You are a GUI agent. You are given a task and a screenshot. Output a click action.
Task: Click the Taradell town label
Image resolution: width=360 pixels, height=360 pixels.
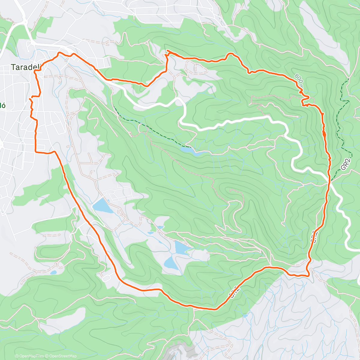click(x=25, y=67)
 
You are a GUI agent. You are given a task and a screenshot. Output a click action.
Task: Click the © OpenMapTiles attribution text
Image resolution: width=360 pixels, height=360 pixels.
click(x=29, y=356)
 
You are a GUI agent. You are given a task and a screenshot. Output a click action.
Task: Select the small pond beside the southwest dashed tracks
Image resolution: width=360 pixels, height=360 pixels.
click(x=53, y=272)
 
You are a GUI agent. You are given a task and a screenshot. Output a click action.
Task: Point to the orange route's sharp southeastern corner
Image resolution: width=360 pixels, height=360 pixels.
click(x=308, y=275)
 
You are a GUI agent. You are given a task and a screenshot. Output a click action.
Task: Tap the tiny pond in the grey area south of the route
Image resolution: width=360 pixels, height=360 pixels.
click(x=246, y=316)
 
